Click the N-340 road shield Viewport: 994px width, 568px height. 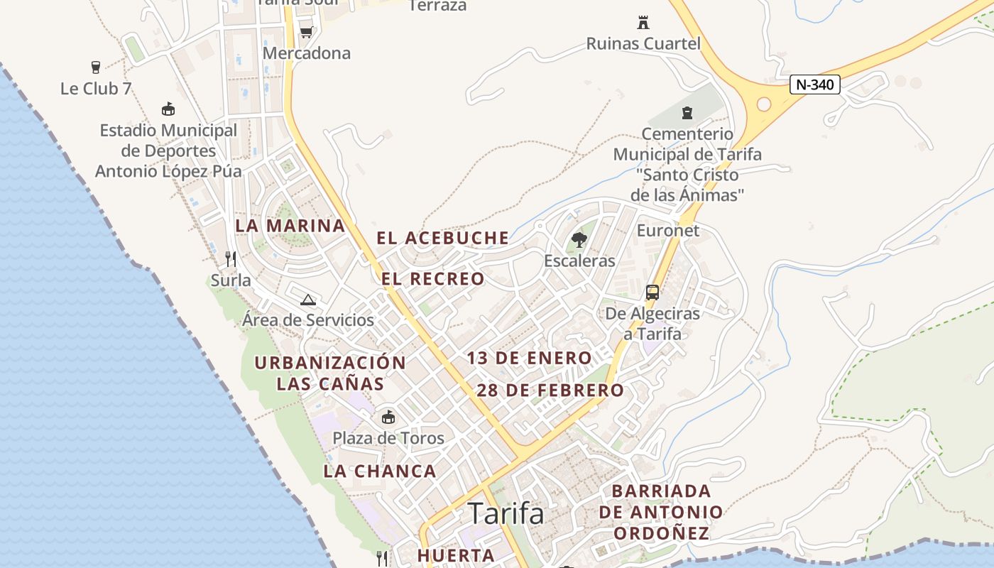click(815, 84)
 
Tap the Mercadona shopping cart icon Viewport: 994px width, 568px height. click(306, 32)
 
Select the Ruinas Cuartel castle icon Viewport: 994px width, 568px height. click(643, 23)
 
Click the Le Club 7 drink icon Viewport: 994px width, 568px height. click(96, 67)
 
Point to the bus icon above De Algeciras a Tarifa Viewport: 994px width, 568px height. click(652, 292)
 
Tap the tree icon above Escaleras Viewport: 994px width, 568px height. click(579, 239)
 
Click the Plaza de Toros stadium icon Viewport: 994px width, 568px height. click(388, 417)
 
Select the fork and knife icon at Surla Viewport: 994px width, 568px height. click(230, 258)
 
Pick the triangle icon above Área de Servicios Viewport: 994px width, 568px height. click(307, 300)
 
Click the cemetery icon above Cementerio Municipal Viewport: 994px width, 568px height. click(687, 112)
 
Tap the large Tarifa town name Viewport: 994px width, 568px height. click(506, 513)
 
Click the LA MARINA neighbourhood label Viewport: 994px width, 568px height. click(290, 226)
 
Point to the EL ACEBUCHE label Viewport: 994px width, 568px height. click(443, 238)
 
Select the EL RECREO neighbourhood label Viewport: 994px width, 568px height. click(433, 279)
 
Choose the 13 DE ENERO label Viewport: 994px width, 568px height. click(529, 359)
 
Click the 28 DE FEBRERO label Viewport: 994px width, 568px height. click(550, 390)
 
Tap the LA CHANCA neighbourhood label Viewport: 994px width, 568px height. click(380, 471)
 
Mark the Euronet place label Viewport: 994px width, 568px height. click(668, 230)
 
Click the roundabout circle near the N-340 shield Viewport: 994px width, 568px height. click(764, 104)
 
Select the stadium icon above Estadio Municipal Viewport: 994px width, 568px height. click(168, 109)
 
